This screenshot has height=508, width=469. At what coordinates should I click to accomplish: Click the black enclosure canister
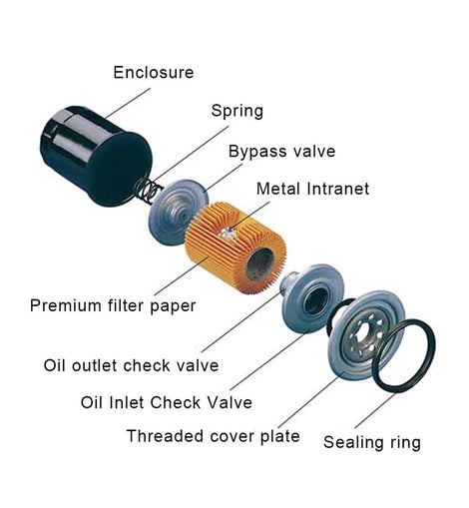pos(96,157)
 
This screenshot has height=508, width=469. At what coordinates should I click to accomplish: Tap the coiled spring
pos(147,192)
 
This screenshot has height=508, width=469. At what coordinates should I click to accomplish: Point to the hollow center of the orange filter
pos(260,264)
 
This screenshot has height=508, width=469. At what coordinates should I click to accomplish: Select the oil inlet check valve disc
pos(312,299)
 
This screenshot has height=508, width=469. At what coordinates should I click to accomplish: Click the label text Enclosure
pos(154,73)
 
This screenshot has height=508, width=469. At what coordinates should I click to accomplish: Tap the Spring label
pos(237,111)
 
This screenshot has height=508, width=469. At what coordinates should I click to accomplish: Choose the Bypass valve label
pos(281,152)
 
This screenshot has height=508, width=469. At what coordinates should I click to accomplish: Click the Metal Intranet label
pos(312,189)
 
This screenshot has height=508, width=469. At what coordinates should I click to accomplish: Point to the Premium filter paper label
pos(113,305)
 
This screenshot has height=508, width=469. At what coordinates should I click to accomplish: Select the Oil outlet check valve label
pos(131,365)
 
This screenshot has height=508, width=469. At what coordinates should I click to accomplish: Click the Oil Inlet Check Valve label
pos(167,402)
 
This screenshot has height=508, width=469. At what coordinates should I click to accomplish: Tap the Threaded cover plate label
pos(214,436)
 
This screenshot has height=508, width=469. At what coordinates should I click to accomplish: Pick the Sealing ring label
pos(372,443)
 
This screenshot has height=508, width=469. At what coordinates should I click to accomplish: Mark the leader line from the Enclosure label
pos(128,103)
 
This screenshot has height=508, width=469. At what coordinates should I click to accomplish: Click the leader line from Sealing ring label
pos(375,410)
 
